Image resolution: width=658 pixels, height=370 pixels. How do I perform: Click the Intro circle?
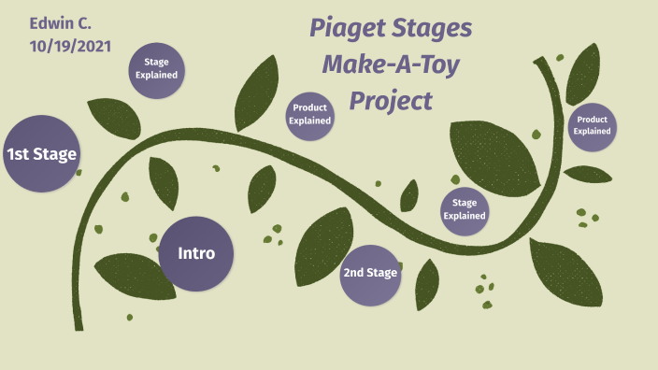coord(196,253)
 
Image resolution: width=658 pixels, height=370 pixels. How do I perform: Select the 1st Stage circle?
coord(41,154)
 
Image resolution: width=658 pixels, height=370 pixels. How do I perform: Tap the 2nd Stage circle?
coord(370,274)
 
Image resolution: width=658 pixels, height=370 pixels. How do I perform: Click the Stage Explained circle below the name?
coord(156,70)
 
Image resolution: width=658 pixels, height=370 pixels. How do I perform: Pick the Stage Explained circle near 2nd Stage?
coord(465,209)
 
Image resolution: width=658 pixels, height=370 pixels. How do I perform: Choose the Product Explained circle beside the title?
coord(309,115)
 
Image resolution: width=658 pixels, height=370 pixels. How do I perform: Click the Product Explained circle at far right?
coord(592,126)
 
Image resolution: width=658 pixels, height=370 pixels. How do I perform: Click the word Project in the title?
coord(391,99)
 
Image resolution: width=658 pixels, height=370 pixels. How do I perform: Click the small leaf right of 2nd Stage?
coord(427,283)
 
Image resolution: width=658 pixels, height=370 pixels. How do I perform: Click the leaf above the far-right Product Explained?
coord(585,74)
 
